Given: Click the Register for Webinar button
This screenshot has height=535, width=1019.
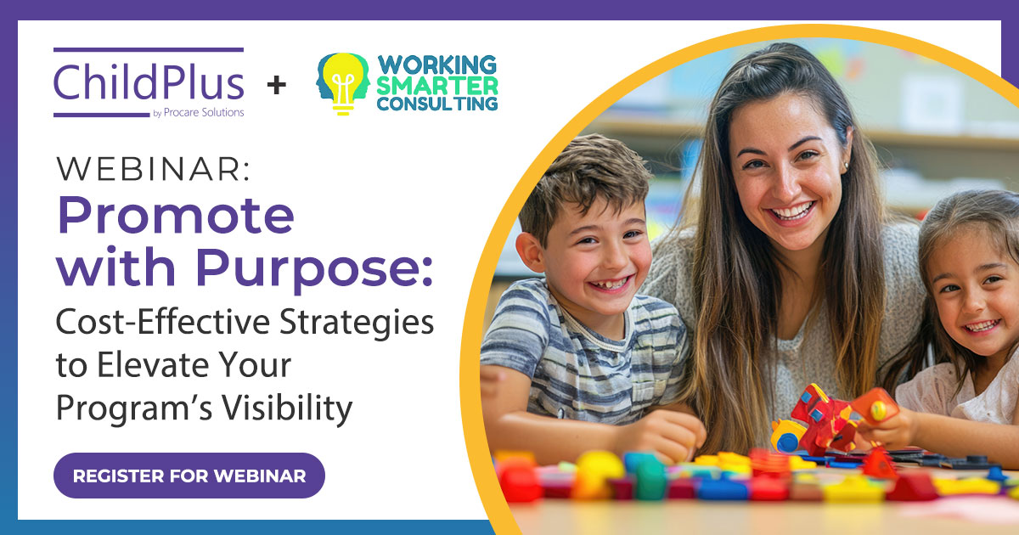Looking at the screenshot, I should click(x=189, y=476).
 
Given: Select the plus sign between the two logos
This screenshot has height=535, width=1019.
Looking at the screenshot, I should click(x=276, y=85).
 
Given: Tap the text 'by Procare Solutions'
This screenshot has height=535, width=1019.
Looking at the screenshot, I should click(x=200, y=113).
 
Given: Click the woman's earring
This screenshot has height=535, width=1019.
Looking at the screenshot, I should click(x=846, y=166).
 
